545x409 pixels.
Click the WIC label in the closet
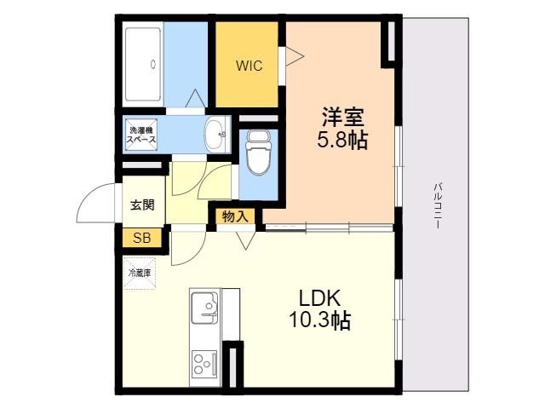(x=249, y=65)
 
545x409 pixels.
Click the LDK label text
(x=319, y=298)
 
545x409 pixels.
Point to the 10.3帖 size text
(x=319, y=321)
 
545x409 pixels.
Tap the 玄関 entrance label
(x=142, y=204)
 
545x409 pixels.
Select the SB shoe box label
(x=141, y=238)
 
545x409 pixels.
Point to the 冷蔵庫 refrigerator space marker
(x=140, y=274)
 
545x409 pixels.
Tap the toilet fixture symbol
(x=256, y=154)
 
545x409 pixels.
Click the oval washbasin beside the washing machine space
(x=216, y=133)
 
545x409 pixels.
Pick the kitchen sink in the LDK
(x=204, y=309)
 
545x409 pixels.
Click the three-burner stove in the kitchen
(x=204, y=365)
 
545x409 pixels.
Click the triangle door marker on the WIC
(x=293, y=56)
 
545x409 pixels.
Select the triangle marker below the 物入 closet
(x=246, y=239)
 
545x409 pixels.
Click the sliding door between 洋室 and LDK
(x=328, y=228)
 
